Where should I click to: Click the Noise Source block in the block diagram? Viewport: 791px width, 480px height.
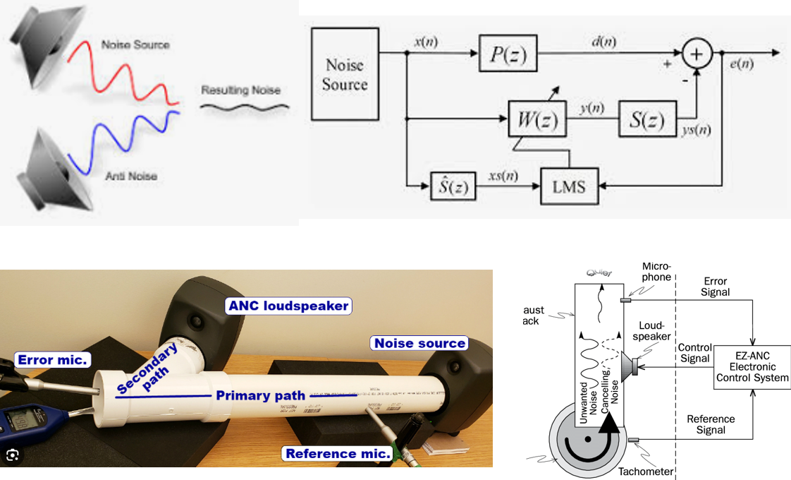345,74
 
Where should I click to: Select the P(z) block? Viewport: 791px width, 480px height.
508,52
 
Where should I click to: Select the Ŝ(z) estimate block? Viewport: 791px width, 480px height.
453,188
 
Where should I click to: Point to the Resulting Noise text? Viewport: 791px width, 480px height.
240,90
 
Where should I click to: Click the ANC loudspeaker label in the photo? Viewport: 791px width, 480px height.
288,306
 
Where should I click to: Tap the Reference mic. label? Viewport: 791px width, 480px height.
337,453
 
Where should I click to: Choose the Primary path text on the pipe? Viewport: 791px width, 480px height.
260,395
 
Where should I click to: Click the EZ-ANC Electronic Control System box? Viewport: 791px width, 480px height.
752,367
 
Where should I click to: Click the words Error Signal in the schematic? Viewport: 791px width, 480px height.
716,287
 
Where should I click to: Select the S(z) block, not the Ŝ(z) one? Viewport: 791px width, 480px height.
647,120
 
